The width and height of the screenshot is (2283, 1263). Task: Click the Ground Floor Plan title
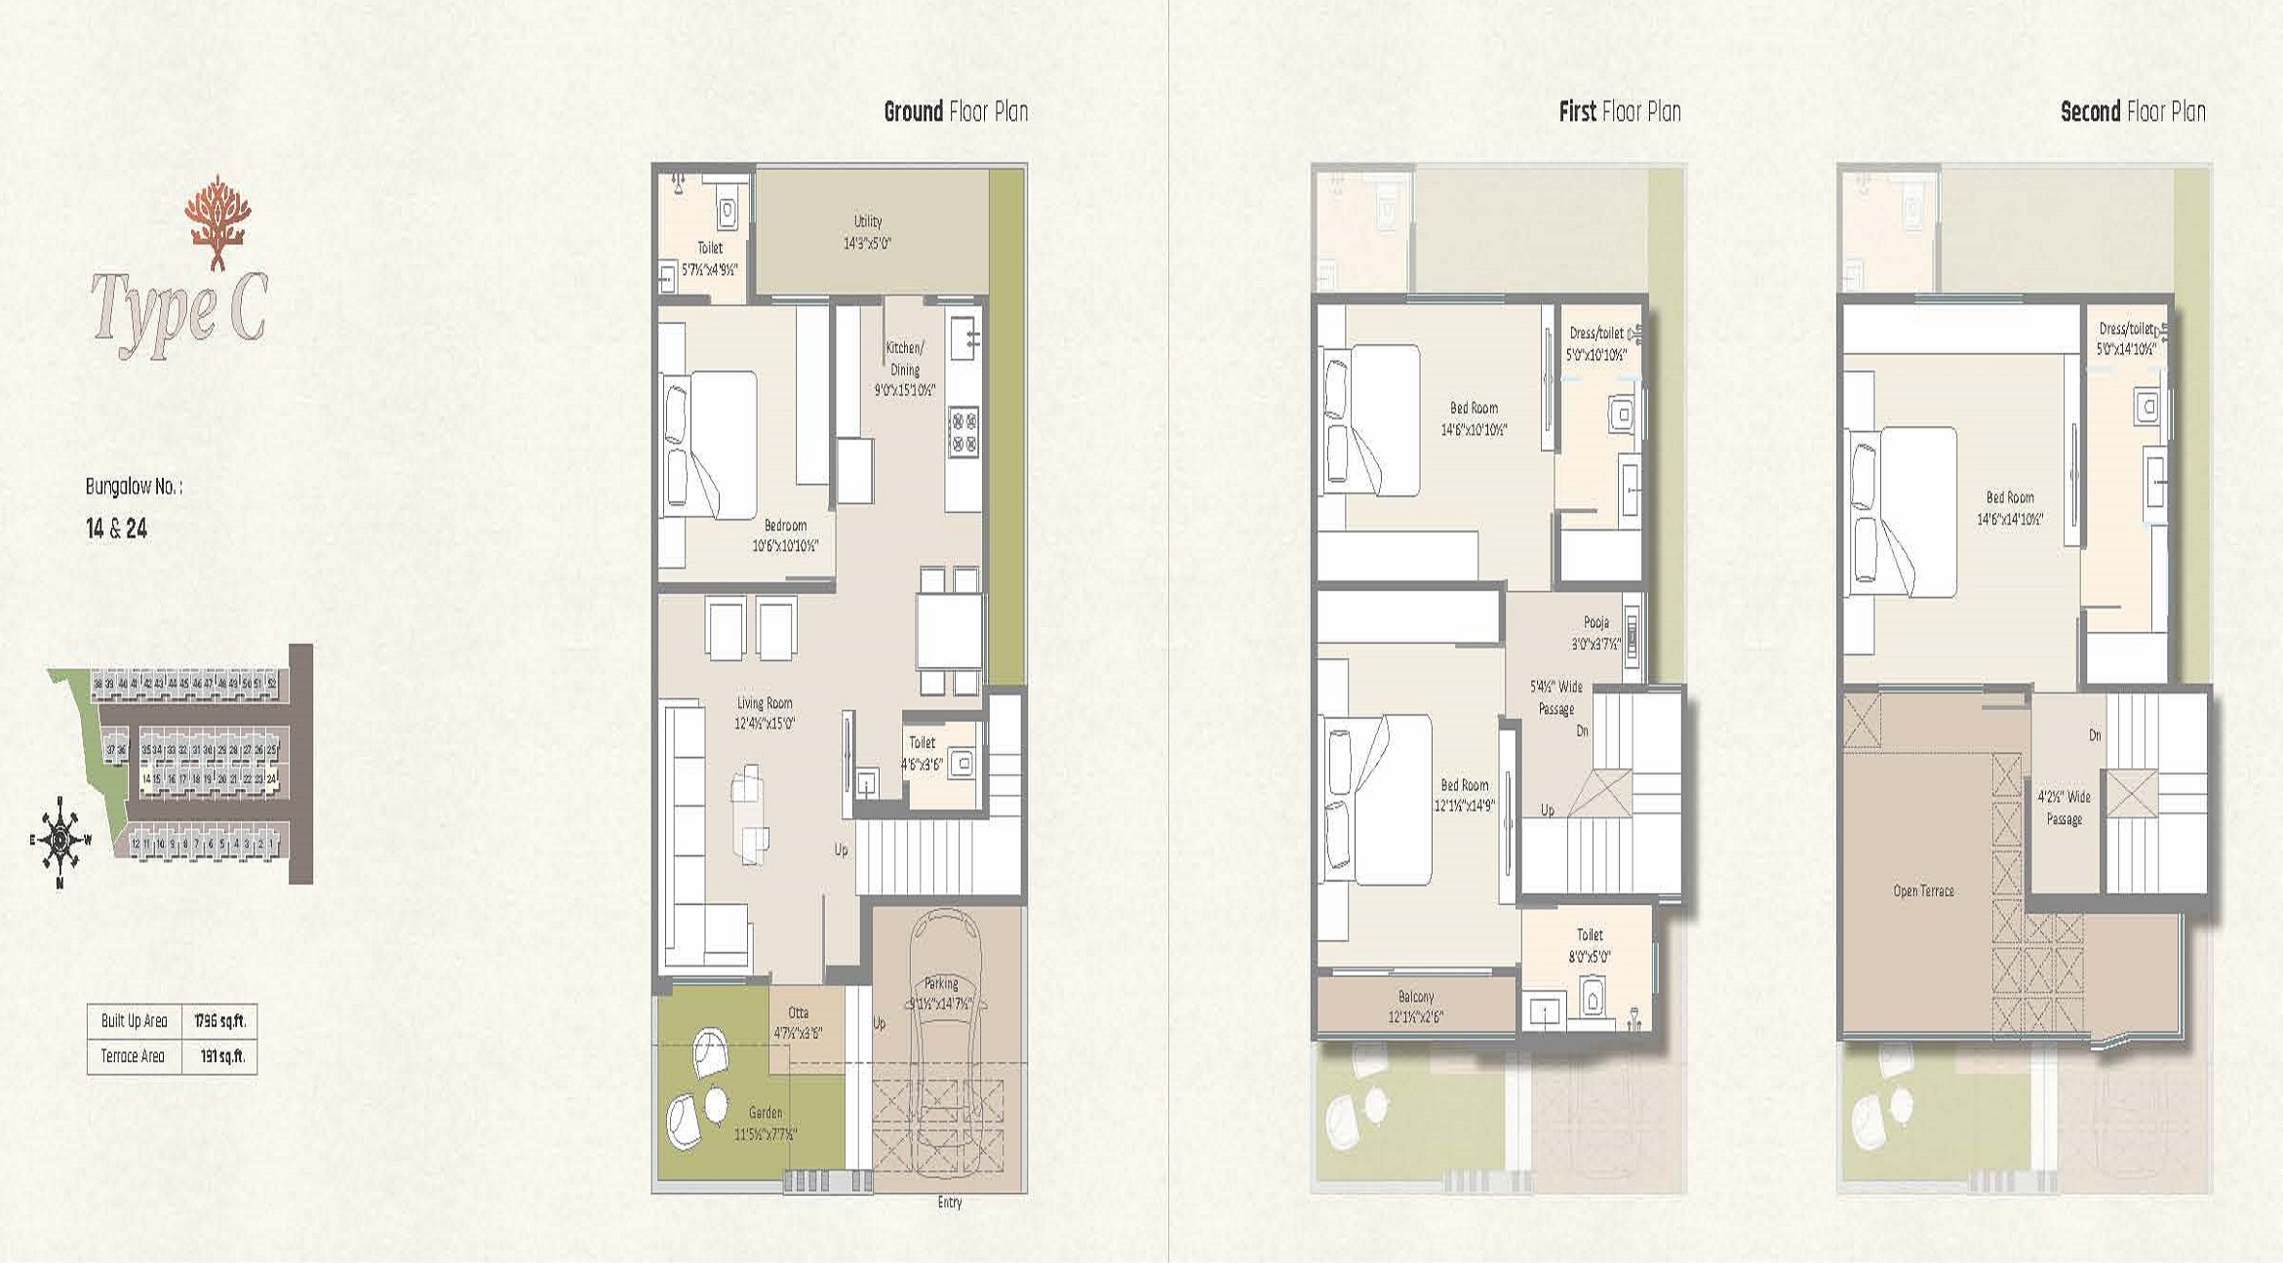click(956, 111)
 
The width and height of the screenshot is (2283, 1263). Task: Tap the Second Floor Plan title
click(2133, 111)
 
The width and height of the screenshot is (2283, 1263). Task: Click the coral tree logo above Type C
click(217, 222)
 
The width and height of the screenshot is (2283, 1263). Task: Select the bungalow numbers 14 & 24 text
click(116, 529)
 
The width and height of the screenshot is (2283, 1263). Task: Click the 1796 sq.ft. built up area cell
click(219, 1021)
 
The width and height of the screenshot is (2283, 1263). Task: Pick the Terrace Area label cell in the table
click(134, 1056)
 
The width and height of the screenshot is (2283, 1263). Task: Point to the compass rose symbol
click(60, 841)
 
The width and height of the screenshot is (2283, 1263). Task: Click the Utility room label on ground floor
click(867, 232)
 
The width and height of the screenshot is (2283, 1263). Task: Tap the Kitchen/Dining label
click(905, 368)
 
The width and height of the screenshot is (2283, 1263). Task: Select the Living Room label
click(765, 713)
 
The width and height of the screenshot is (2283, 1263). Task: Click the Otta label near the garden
click(799, 1022)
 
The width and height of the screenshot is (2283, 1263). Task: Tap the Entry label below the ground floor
click(950, 1203)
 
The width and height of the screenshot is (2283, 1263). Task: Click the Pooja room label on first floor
click(1596, 632)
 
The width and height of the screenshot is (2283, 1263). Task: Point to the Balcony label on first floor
click(1416, 1006)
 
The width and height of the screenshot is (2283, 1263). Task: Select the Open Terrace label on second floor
click(1923, 890)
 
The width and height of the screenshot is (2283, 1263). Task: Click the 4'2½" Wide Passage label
click(2064, 808)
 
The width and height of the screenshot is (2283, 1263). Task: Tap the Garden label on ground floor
click(766, 1123)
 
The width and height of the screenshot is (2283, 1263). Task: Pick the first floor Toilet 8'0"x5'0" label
click(1590, 945)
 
